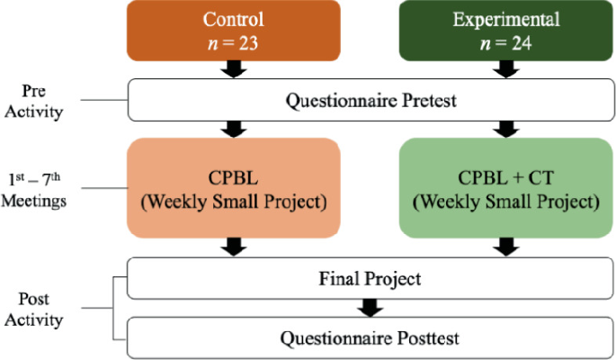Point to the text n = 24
pyautogui.click(x=505, y=41)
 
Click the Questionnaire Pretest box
pyautogui.click(x=371, y=99)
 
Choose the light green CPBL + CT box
pyautogui.click(x=505, y=188)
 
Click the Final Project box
pyautogui.click(x=371, y=278)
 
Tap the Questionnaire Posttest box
pyautogui.click(x=371, y=338)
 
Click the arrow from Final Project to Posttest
pyautogui.click(x=371, y=308)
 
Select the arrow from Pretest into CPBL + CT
pyautogui.click(x=505, y=130)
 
